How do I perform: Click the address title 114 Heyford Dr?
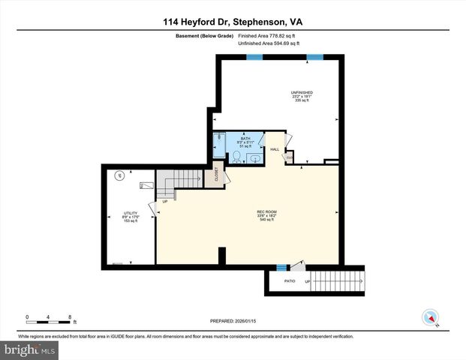[233, 22]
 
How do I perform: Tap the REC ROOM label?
[267, 213]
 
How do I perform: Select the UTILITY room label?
[131, 214]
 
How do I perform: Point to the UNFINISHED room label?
[302, 92]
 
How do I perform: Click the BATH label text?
[245, 139]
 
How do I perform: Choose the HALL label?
[275, 149]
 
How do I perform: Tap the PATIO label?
[289, 281]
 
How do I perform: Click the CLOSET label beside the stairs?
[217, 172]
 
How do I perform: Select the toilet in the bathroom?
[236, 157]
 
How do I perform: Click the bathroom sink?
[255, 158]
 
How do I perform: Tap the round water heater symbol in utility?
[117, 176]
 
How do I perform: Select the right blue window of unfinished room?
[314, 57]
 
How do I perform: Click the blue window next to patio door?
[282, 267]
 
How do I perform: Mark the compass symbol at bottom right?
[430, 317]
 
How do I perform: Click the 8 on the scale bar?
[70, 316]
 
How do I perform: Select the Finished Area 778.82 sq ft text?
[268, 36]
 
